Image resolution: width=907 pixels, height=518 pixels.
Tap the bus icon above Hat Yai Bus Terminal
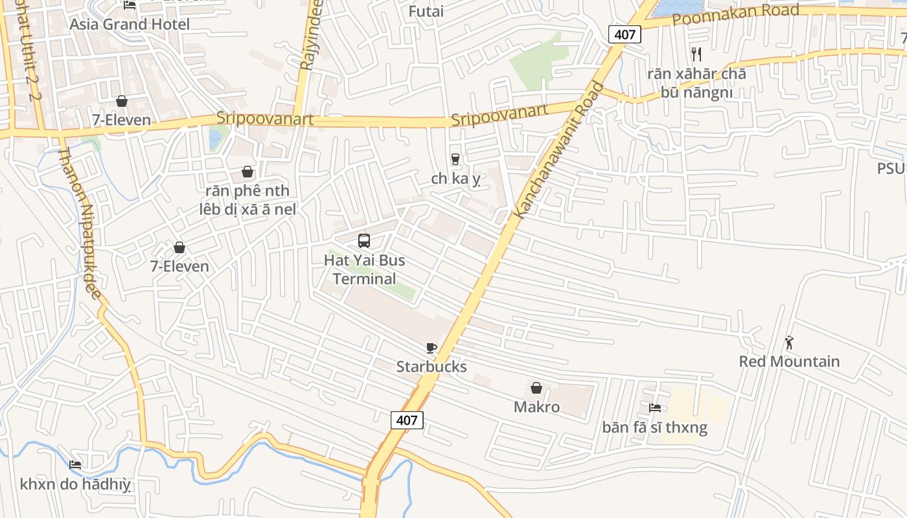click(x=364, y=241)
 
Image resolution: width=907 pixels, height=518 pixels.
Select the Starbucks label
click(x=431, y=366)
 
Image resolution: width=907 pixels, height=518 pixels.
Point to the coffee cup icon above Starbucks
click(x=431, y=348)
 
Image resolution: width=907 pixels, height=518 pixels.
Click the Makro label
click(x=536, y=407)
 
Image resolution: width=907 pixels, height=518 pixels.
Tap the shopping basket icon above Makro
click(x=536, y=388)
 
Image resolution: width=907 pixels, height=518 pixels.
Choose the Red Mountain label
click(x=789, y=361)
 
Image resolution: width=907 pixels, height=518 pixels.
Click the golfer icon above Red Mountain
click(x=789, y=343)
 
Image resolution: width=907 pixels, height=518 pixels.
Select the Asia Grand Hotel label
click(x=130, y=25)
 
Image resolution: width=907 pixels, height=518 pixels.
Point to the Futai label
click(x=426, y=11)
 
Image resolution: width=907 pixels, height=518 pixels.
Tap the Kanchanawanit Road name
click(x=558, y=150)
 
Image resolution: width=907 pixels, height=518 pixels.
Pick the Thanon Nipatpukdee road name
click(x=80, y=223)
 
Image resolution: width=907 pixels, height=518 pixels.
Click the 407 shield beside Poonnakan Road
click(x=625, y=34)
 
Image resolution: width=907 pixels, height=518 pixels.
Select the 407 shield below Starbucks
click(x=407, y=420)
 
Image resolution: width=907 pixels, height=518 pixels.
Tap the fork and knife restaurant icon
click(x=696, y=54)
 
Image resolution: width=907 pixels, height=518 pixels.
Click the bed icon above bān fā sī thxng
click(x=655, y=408)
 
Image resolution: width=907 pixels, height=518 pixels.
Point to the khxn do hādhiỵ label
click(x=75, y=484)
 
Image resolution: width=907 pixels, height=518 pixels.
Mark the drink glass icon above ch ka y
click(x=455, y=159)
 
